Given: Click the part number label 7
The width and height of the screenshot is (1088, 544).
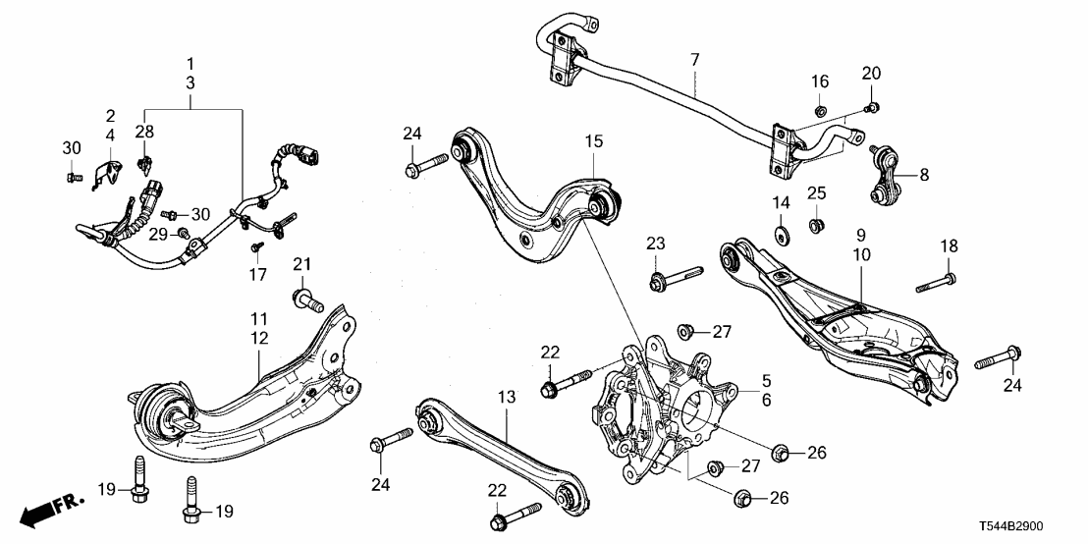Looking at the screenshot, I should [x=694, y=61].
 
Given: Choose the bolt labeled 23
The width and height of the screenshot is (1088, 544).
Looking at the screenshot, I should [x=675, y=274].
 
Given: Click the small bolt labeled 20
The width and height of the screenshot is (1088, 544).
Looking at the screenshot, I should [x=872, y=107].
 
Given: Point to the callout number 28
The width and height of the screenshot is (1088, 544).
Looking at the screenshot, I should [x=144, y=131].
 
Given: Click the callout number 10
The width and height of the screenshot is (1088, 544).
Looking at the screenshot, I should [x=860, y=255].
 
